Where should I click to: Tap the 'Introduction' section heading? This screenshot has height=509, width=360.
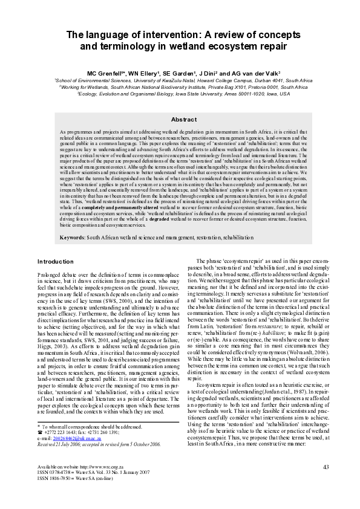tap(56, 262)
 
